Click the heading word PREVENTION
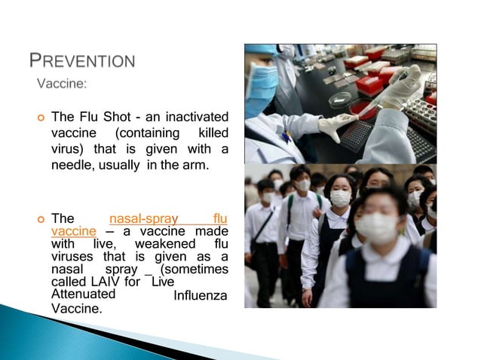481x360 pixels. pos(82,61)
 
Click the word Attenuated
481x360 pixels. pos(83,294)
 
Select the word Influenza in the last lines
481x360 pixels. pos(200,295)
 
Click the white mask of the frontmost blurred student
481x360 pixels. pos(376,227)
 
